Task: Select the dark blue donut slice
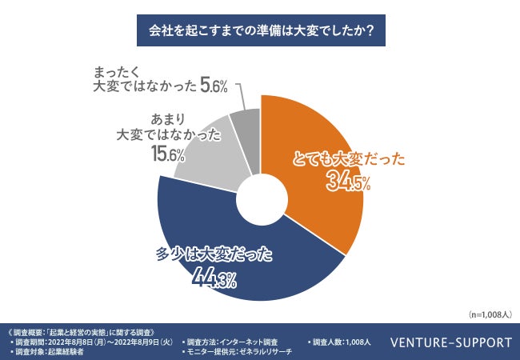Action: coord(240,264)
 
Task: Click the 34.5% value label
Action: coord(348,182)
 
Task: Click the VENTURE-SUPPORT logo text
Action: coord(451,342)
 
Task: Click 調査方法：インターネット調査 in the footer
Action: coord(233,342)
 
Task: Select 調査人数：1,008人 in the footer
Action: coord(339,342)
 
